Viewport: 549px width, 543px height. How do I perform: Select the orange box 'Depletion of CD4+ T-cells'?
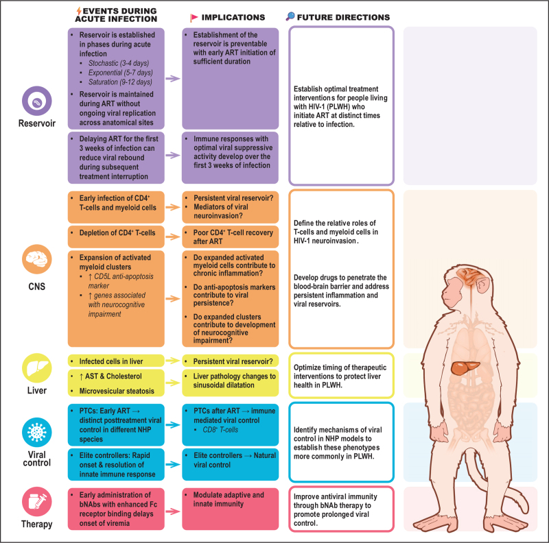[121, 233]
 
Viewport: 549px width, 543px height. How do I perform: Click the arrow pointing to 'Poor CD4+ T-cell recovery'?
[174, 233]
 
